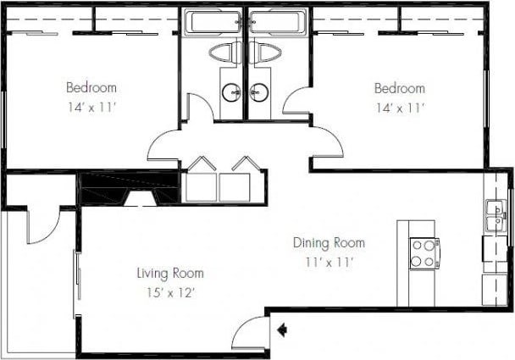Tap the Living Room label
170,273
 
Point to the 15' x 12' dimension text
170,292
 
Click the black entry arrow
280,329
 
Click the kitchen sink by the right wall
493,217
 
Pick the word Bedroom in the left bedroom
91,87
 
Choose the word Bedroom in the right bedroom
400,88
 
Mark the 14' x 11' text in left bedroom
91,107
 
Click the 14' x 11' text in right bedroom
400,108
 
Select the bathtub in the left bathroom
213,22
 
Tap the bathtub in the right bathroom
275,22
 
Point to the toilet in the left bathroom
225,54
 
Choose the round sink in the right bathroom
258,91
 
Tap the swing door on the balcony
42,224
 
